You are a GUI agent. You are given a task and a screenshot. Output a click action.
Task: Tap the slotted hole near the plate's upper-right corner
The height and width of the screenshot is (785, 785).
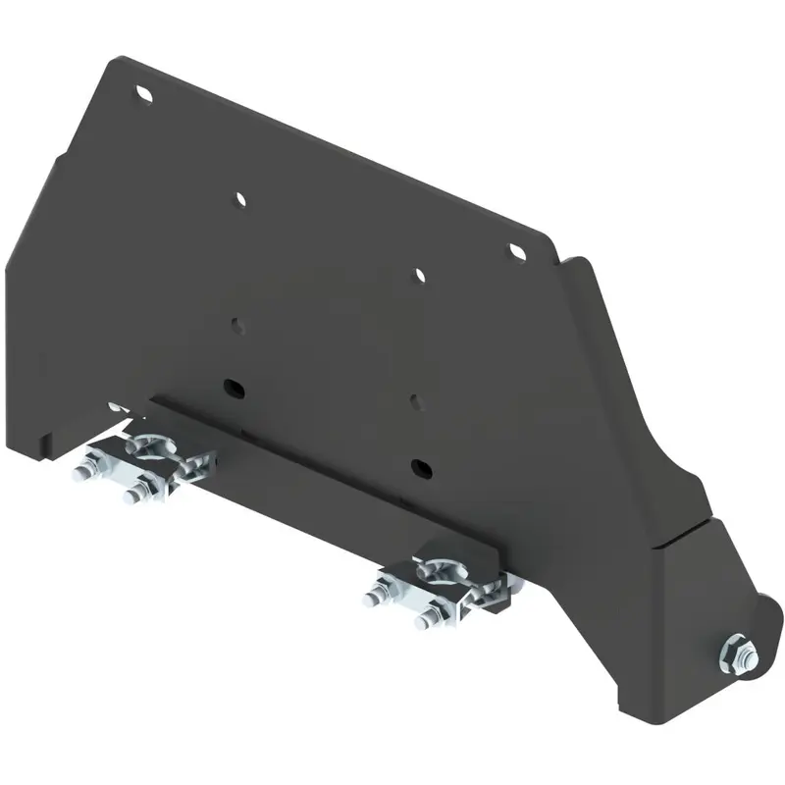(516, 252)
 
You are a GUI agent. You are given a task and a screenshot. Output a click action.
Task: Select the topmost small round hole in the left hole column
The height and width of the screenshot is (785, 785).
(239, 199)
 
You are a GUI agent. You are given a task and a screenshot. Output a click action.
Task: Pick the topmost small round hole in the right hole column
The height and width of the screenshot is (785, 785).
(420, 276)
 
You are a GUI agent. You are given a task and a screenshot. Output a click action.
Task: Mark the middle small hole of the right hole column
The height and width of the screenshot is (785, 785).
(417, 399)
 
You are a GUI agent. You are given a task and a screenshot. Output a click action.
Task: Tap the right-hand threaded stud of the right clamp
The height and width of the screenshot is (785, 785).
(424, 619)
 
